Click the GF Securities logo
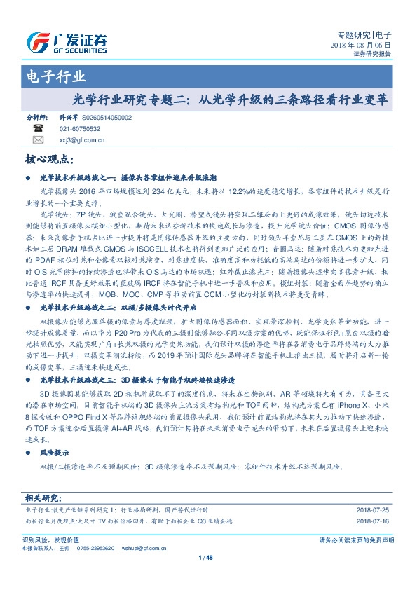(x=67, y=41)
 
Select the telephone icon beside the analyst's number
(x=38, y=130)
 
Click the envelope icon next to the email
(x=38, y=140)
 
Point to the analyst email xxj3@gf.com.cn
(x=82, y=140)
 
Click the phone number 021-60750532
(x=80, y=130)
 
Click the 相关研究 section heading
(x=43, y=498)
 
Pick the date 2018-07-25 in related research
(x=373, y=511)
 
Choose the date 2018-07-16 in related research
(x=373, y=521)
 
